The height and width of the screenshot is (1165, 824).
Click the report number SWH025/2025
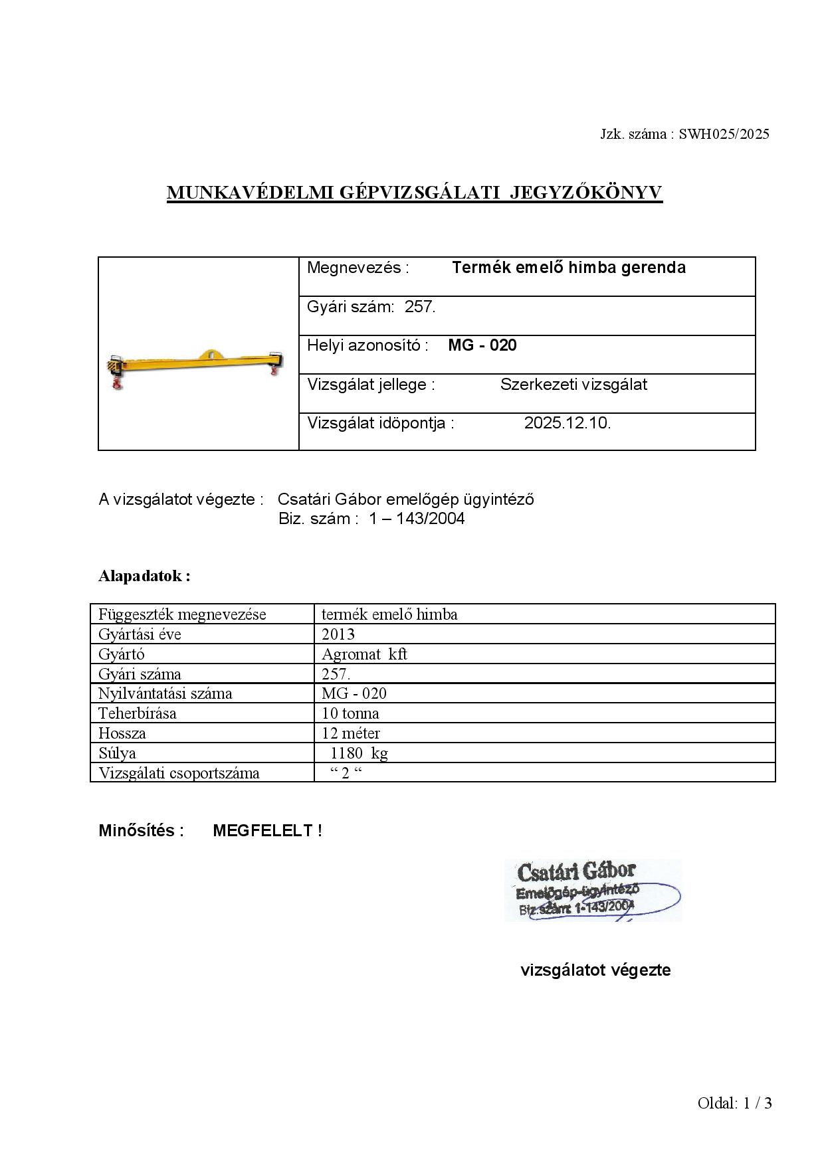click(724, 134)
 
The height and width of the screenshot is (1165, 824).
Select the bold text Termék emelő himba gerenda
click(568, 268)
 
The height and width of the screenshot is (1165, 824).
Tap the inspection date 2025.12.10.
click(567, 423)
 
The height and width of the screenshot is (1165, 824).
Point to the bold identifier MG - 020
click(482, 345)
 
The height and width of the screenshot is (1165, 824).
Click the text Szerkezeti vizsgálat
click(573, 385)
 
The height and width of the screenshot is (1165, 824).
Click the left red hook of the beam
click(118, 383)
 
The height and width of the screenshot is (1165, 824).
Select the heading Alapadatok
click(144, 576)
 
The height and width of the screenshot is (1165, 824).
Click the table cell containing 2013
click(338, 634)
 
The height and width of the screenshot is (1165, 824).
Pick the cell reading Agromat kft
click(364, 654)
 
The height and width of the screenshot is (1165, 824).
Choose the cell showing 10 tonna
click(350, 714)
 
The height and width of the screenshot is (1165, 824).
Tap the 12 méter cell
click(351, 734)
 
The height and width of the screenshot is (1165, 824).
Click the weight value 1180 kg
click(359, 753)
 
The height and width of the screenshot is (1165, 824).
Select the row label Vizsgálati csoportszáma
click(179, 773)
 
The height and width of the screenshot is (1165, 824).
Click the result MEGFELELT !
click(267, 831)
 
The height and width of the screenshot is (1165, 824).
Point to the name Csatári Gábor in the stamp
click(576, 871)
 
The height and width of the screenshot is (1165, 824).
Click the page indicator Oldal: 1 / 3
click(734, 1104)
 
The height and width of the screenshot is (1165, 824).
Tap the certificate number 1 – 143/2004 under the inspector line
click(417, 519)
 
